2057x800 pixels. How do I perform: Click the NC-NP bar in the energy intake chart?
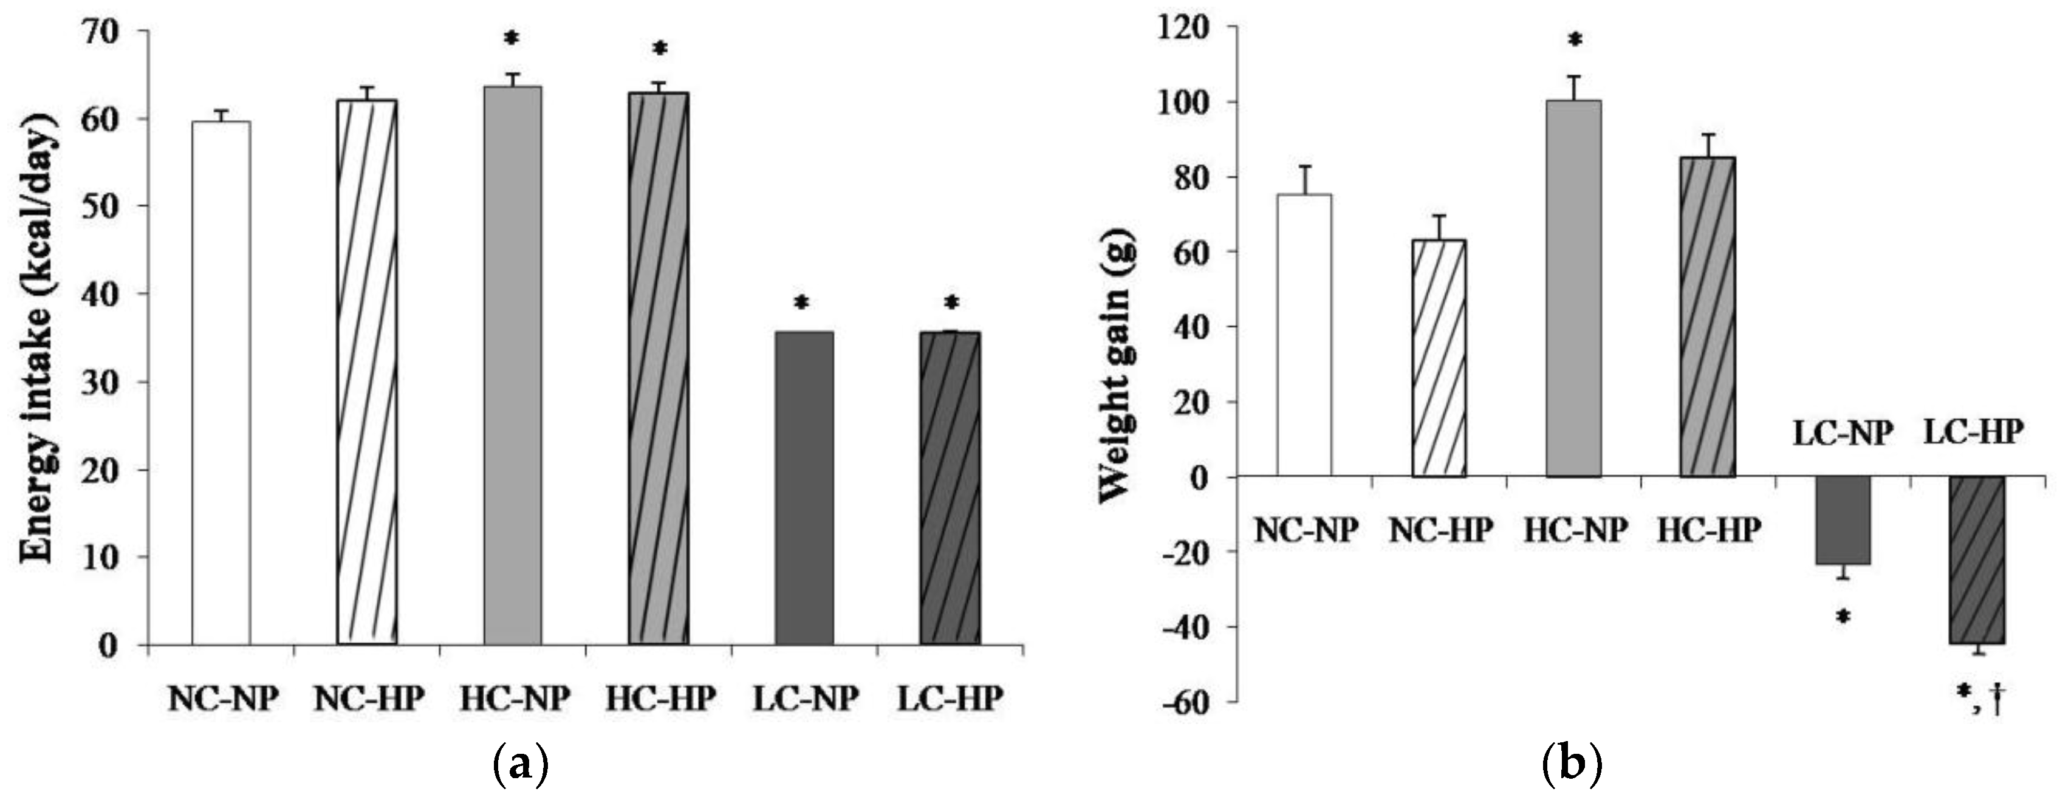[221, 383]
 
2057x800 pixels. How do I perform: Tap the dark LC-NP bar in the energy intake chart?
[804, 488]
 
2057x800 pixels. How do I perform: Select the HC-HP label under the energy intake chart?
[660, 699]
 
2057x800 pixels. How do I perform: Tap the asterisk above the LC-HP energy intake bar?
[951, 303]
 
